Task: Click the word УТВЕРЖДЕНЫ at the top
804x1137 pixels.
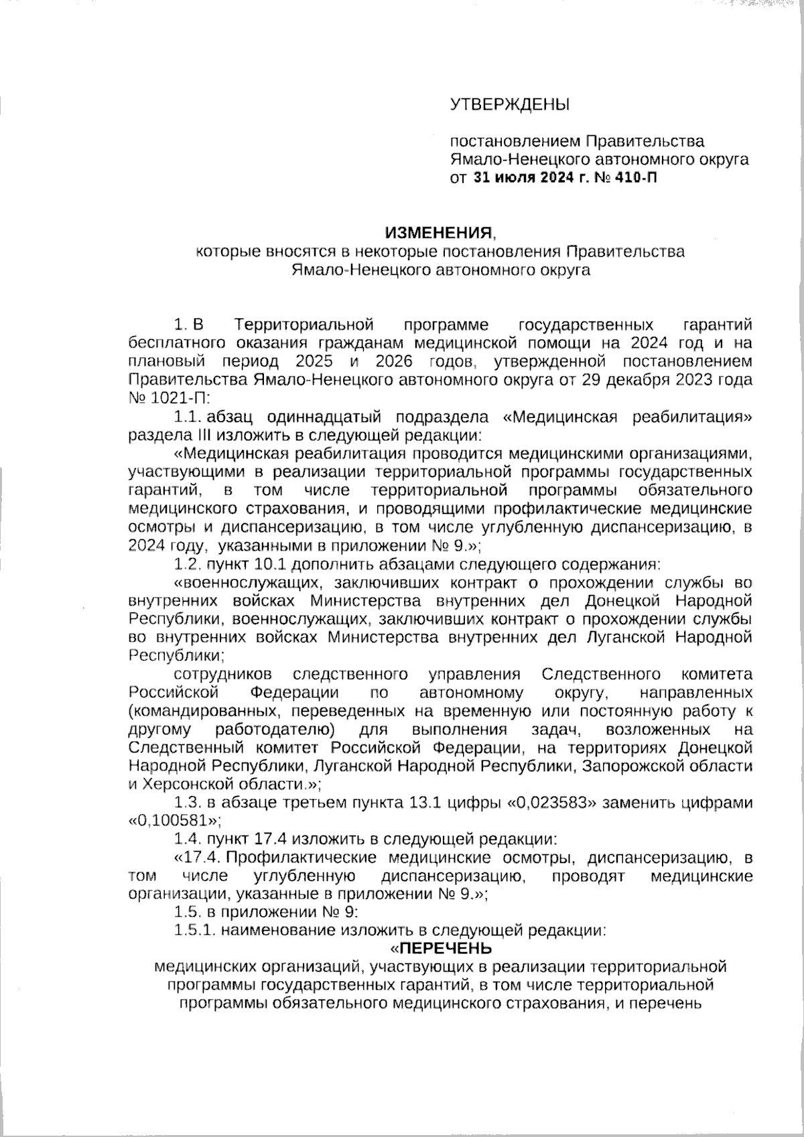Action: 509,105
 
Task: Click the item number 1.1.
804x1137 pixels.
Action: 188,417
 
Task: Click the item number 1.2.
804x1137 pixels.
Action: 188,561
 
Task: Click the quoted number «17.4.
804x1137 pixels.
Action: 198,857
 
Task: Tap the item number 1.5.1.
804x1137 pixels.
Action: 194,930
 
